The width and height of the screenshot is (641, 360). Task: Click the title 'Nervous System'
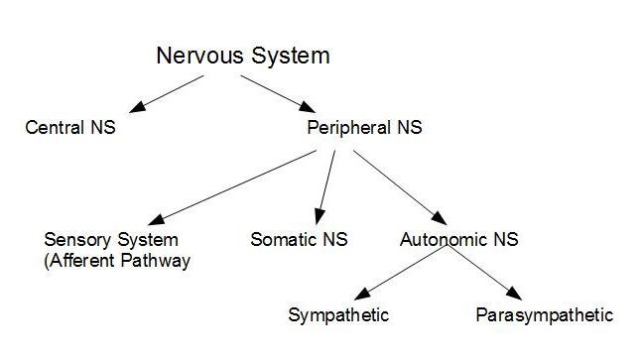click(x=243, y=56)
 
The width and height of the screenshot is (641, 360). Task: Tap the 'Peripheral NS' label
click(x=366, y=128)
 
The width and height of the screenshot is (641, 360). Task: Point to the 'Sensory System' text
click(x=111, y=240)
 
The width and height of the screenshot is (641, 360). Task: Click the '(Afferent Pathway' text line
click(x=117, y=261)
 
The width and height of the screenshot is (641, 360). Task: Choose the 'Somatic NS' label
click(x=299, y=240)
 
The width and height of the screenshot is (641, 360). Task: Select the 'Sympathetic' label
click(x=338, y=316)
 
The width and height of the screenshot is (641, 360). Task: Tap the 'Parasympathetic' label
click(x=545, y=316)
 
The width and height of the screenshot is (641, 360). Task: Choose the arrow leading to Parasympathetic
click(x=483, y=273)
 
